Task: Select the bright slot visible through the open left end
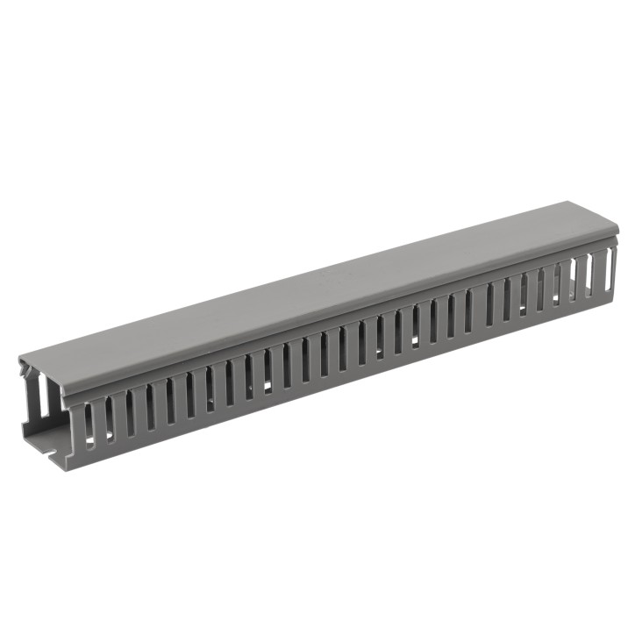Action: click(43, 399)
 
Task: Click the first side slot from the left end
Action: click(89, 425)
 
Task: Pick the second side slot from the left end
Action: click(109, 419)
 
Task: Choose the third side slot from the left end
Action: click(129, 414)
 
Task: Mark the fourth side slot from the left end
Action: click(149, 408)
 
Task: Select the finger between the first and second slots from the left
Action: click(98, 424)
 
